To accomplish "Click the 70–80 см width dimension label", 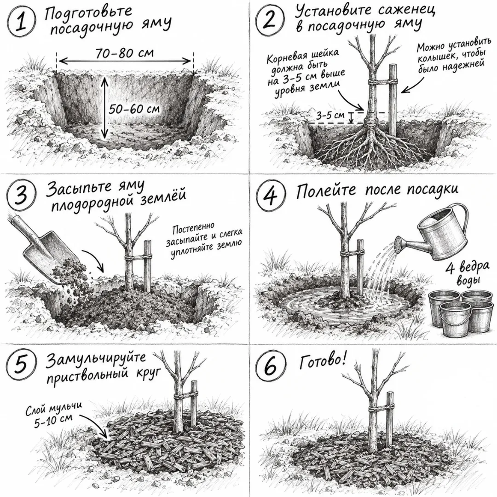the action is pyautogui.click(x=125, y=52).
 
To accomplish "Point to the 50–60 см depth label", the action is pyautogui.click(x=134, y=109).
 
